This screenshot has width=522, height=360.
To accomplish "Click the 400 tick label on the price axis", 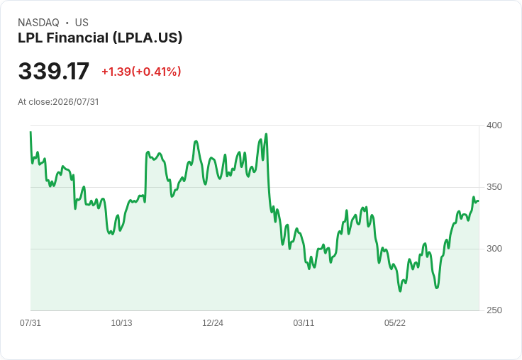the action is (x=494, y=125).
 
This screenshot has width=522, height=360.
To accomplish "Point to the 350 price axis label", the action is (x=494, y=187).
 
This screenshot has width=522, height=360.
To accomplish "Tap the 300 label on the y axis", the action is (x=494, y=249).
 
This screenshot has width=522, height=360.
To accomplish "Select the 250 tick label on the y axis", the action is (x=494, y=310).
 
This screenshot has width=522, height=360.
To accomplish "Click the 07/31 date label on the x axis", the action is (x=30, y=322).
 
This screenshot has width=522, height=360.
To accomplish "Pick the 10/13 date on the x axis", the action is (x=121, y=322).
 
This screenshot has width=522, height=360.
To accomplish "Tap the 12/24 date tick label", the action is (x=213, y=322).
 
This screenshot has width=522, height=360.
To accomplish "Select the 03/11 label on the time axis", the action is (x=304, y=322).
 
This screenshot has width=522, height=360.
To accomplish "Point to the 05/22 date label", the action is (x=395, y=322).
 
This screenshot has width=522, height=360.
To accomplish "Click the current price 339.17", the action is (x=54, y=71).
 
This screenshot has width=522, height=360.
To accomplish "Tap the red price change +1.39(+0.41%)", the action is (x=141, y=72).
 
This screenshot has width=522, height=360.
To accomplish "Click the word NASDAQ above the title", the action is (x=38, y=23).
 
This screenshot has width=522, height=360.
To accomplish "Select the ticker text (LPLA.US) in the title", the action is (x=148, y=38).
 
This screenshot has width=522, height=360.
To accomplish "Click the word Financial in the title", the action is (x=77, y=38).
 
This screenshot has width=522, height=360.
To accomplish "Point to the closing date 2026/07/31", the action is (x=76, y=102).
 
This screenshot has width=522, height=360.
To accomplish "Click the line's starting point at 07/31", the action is (x=30, y=132).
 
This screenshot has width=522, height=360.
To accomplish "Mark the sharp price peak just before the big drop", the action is (x=266, y=134).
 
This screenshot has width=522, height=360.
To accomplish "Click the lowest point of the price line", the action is (x=400, y=291).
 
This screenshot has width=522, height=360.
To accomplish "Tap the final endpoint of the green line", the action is (x=479, y=201).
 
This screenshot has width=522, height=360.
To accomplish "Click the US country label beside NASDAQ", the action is (x=82, y=23).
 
